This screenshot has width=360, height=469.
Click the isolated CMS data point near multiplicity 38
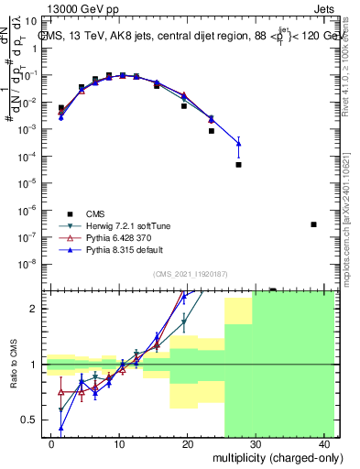[313, 224]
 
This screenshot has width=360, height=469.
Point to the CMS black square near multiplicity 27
[238, 165]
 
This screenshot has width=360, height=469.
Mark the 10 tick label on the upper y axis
[35, 20]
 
